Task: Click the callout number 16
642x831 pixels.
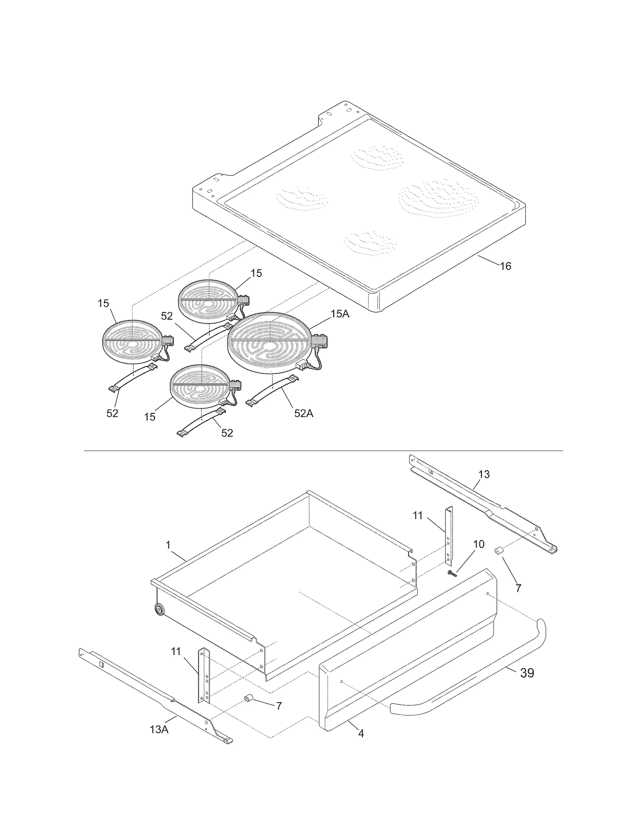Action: coord(505,266)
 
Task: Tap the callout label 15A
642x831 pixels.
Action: coord(340,314)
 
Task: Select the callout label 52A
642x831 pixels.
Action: coord(303,413)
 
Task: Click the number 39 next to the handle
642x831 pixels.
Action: coord(527,673)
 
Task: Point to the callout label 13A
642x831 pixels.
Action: coord(159,729)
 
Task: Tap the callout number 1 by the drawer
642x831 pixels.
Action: coord(168,545)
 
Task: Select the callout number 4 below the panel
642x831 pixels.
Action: coord(361,733)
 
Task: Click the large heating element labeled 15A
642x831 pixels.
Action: coord(269,343)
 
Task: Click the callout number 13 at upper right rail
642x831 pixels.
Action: coord(484,474)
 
